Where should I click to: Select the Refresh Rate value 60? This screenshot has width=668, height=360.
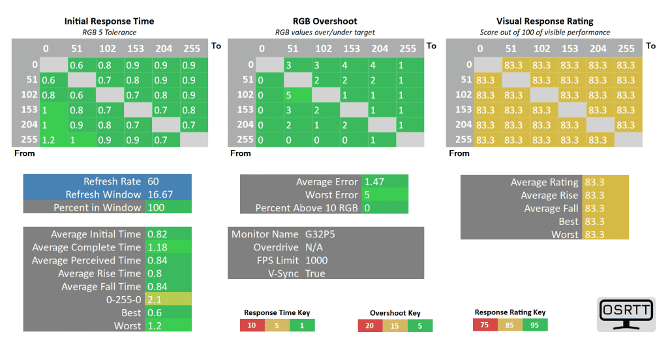click(x=154, y=181)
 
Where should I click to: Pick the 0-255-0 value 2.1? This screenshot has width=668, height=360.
click(x=154, y=299)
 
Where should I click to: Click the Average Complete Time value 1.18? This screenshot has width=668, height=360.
click(x=158, y=247)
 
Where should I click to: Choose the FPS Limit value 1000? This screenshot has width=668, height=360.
click(x=316, y=260)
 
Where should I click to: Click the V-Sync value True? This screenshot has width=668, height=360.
click(x=315, y=273)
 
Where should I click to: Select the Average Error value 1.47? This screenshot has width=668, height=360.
click(x=374, y=182)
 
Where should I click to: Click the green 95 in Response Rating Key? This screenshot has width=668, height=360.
click(x=535, y=325)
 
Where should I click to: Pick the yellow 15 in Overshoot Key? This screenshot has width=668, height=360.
click(x=395, y=325)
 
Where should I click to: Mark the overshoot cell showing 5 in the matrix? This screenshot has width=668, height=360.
click(x=288, y=95)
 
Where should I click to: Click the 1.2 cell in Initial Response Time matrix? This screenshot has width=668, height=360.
click(x=48, y=140)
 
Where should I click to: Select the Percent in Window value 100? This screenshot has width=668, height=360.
click(x=157, y=207)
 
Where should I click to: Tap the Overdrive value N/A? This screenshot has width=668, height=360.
click(x=314, y=247)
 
